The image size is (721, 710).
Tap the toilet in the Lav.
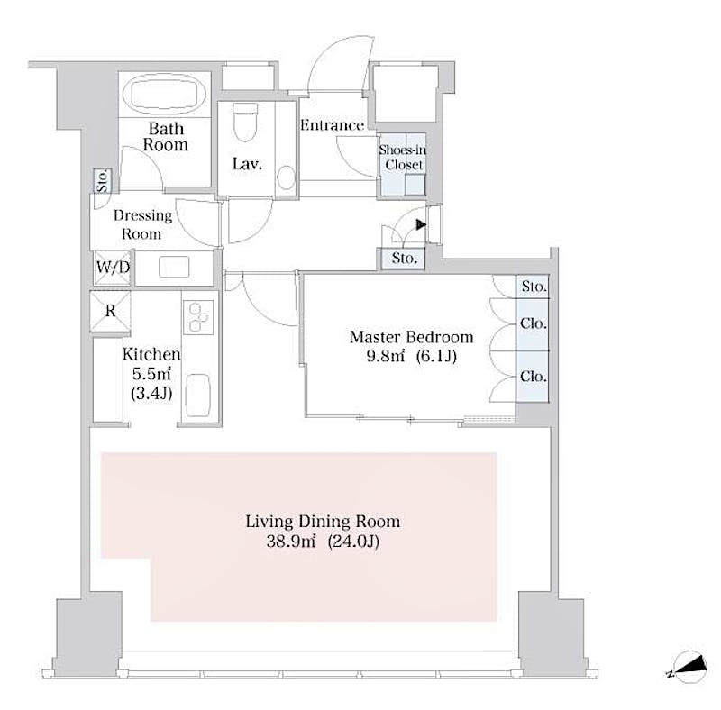(x=245, y=123)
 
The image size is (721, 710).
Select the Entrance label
(x=332, y=125)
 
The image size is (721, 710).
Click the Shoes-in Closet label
(x=402, y=158)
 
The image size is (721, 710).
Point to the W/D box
(x=113, y=268)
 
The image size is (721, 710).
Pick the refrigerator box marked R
(x=110, y=312)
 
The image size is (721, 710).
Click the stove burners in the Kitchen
(x=198, y=317)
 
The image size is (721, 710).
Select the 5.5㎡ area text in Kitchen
(x=151, y=374)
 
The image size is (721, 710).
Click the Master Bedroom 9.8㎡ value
(x=386, y=357)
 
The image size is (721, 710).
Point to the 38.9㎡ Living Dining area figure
(x=291, y=542)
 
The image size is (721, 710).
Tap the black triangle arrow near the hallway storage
(x=421, y=225)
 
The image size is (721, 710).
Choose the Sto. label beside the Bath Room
(x=103, y=181)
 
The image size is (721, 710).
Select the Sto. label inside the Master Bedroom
(x=534, y=287)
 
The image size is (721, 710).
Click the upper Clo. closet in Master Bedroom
(x=534, y=323)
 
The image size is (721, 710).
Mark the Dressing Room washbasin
(x=174, y=268)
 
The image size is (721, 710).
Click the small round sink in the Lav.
(x=287, y=177)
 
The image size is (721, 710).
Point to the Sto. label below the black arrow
(x=404, y=259)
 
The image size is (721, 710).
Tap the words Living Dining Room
(x=323, y=522)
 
